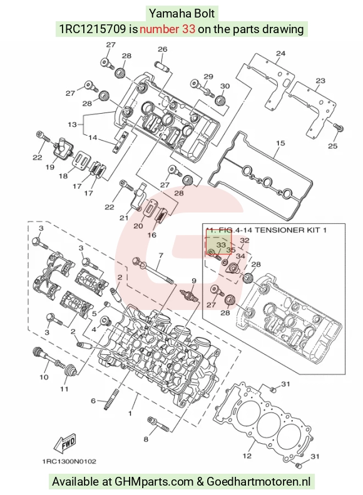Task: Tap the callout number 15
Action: pos(280,143)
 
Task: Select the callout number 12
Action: pos(247,456)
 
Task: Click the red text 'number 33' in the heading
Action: pos(167,29)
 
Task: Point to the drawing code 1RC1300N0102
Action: pos(69,461)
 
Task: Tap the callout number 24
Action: pos(280,53)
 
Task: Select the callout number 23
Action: pos(320,81)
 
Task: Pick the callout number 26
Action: pos(162,49)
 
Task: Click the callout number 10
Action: pos(44,377)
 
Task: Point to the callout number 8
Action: pos(146,439)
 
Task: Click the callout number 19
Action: pos(49,167)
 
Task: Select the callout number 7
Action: pos(161,255)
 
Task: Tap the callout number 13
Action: pos(72,124)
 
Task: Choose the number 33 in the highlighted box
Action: pos(221,245)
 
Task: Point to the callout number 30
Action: pos(225,86)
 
